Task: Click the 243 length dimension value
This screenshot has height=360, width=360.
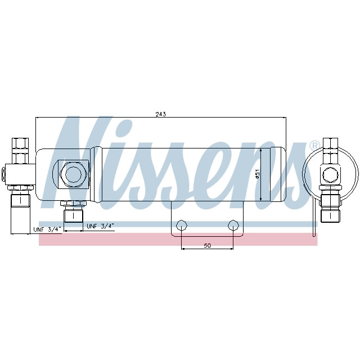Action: tap(160, 114)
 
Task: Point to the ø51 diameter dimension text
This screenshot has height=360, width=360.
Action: tap(257, 174)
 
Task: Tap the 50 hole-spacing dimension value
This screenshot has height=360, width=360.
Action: tap(207, 246)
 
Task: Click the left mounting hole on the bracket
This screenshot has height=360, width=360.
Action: tap(181, 226)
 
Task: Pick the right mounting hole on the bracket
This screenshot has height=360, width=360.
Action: tap(233, 226)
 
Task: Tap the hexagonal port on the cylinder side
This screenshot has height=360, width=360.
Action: tap(73, 174)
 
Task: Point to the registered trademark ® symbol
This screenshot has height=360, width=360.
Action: tap(314, 146)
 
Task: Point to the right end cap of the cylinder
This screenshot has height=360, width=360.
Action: tap(279, 174)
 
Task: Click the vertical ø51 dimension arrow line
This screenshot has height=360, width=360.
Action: tap(263, 174)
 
